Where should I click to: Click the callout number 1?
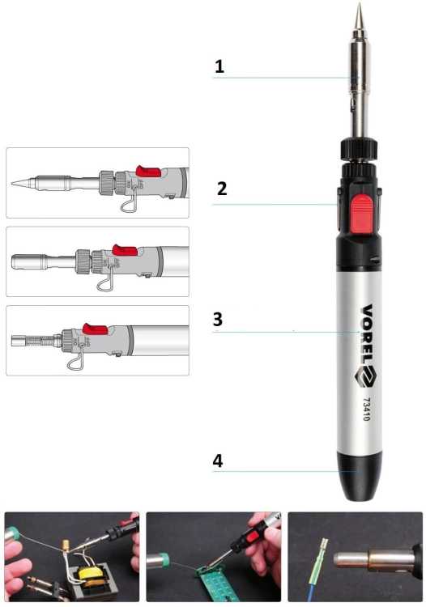(x=219, y=66)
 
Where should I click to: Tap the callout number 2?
(x=222, y=189)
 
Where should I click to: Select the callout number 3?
(x=218, y=320)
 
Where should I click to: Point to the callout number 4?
(x=218, y=461)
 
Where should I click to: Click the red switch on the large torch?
(x=361, y=214)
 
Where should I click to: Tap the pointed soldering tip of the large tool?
(x=360, y=15)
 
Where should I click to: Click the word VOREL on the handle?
(x=366, y=334)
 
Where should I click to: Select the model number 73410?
(x=366, y=410)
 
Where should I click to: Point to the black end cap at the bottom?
(x=359, y=476)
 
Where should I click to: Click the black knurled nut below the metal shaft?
(x=359, y=149)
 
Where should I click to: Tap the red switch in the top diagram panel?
(x=148, y=171)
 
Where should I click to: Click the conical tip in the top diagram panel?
(x=24, y=182)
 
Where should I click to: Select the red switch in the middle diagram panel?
(x=125, y=250)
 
